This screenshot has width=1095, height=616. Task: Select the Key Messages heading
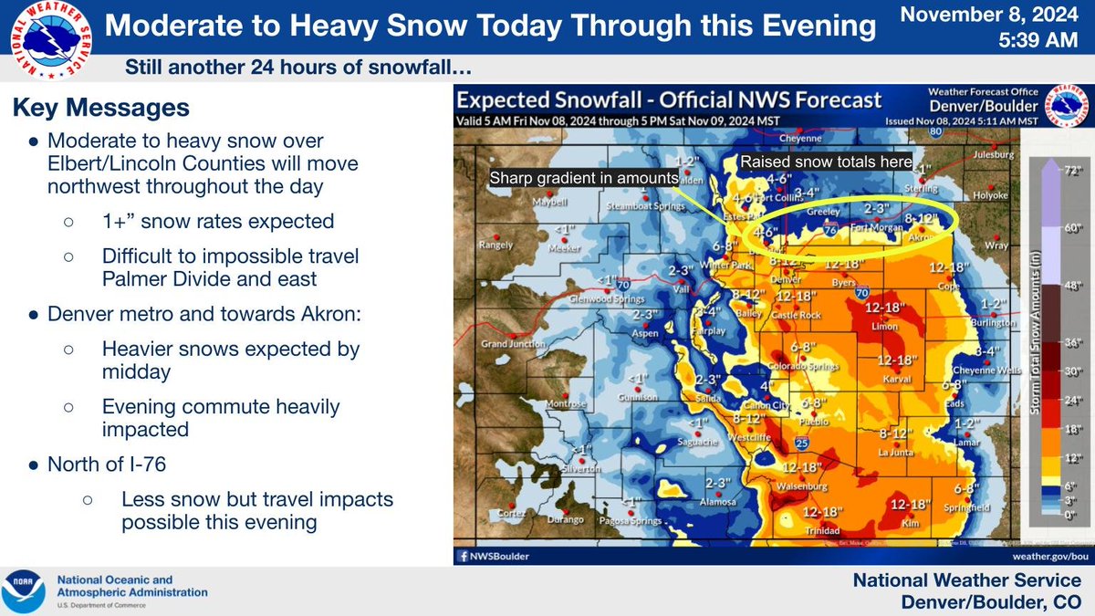(x=100, y=109)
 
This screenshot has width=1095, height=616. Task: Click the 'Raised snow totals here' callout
(x=826, y=162)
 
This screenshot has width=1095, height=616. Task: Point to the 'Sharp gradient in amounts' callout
(x=584, y=177)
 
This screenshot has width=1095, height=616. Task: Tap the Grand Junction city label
(x=507, y=344)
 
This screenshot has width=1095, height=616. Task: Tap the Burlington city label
(x=994, y=323)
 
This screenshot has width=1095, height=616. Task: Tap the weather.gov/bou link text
(x=1049, y=554)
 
